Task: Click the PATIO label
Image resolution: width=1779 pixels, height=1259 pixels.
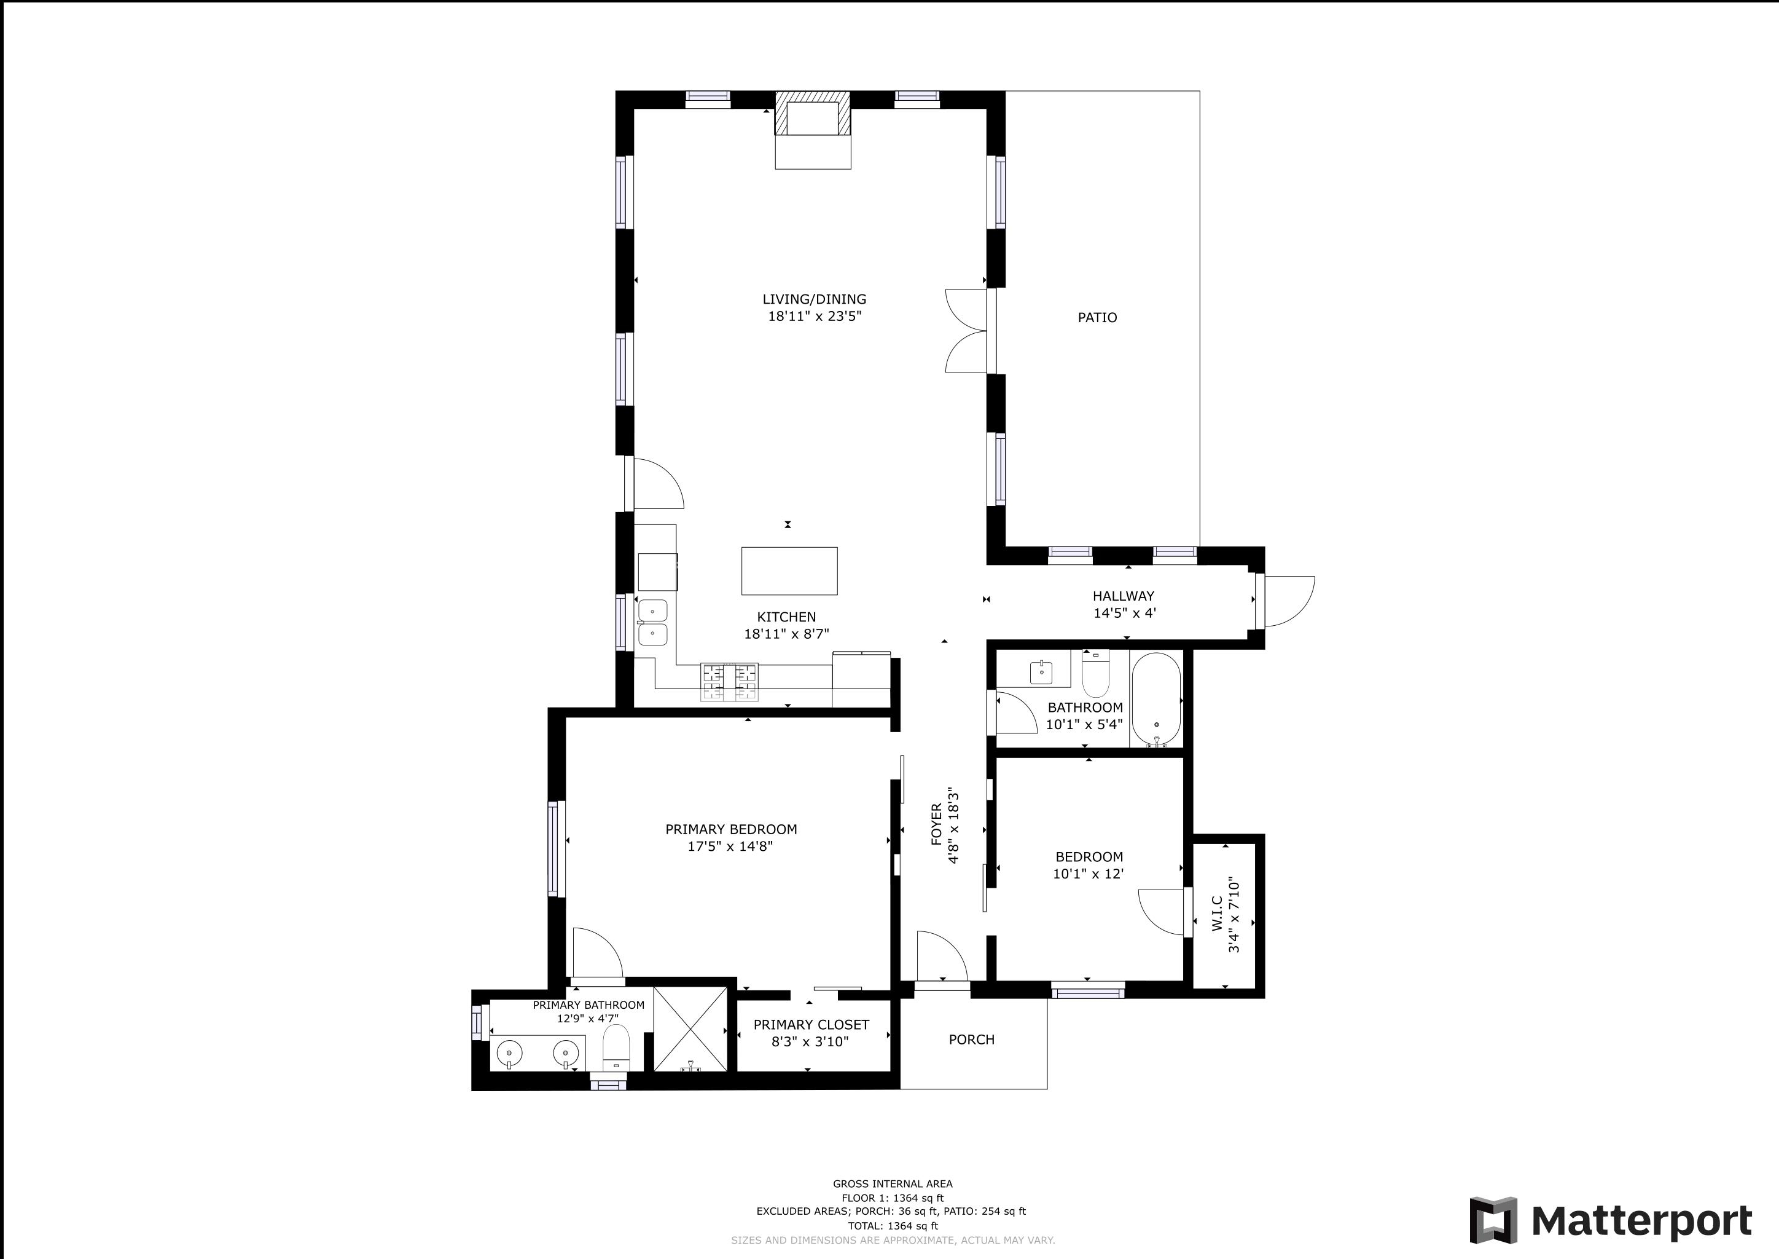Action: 1097,317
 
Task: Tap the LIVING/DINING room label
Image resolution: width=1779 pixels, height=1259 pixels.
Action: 815,299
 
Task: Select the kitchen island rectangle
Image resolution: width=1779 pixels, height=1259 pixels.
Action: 789,570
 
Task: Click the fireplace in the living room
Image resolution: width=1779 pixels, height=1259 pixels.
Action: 813,130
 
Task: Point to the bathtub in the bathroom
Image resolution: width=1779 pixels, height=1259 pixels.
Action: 1156,699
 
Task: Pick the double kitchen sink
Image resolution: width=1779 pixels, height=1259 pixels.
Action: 652,623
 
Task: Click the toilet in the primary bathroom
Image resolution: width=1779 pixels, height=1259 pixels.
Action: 617,1048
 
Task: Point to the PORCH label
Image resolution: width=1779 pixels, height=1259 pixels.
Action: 972,1040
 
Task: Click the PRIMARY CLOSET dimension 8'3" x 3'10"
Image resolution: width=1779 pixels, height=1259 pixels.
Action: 810,1042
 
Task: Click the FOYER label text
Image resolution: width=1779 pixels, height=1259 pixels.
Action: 937,824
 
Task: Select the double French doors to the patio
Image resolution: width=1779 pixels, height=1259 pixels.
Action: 969,331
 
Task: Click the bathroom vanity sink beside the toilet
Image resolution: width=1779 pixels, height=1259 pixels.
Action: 1041,672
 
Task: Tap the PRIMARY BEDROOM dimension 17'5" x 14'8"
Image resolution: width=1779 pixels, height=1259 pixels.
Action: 730,847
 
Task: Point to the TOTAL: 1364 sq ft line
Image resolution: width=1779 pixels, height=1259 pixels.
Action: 893,1226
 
